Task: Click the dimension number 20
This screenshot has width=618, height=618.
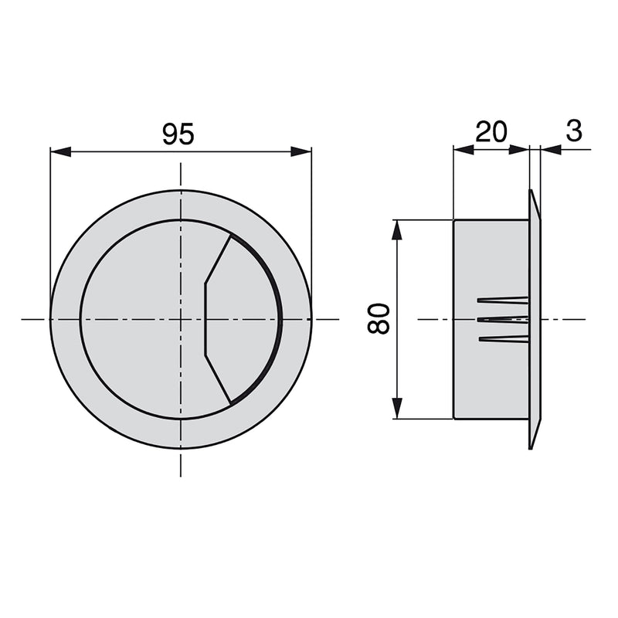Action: [x=491, y=132]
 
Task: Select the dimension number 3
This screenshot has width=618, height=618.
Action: [x=574, y=131]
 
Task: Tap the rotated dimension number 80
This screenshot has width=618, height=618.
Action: [x=379, y=318]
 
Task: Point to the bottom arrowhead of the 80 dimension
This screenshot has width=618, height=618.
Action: [x=397, y=409]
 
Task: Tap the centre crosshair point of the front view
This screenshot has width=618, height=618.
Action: [x=181, y=318]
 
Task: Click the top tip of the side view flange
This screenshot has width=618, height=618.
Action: [x=532, y=192]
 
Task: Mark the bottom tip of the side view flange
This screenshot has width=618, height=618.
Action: [x=532, y=447]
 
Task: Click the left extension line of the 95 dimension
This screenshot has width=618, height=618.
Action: [x=50, y=232]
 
